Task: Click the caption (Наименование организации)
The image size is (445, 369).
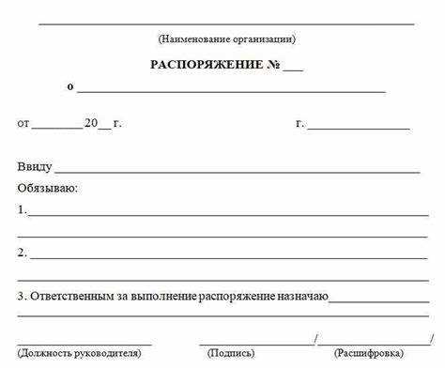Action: pyautogui.click(x=226, y=39)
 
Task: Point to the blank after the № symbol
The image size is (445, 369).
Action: pyautogui.click(x=292, y=69)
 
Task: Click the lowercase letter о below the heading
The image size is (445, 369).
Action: pyautogui.click(x=70, y=87)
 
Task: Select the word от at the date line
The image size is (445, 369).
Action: pyautogui.click(x=23, y=123)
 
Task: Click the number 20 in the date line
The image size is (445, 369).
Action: pyautogui.click(x=90, y=123)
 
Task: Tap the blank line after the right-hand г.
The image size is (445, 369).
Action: pyautogui.click(x=358, y=126)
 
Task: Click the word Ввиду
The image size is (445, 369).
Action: pyautogui.click(x=34, y=167)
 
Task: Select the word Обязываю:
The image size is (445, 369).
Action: pyautogui.click(x=47, y=188)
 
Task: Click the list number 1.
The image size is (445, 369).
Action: pyautogui.click(x=22, y=209)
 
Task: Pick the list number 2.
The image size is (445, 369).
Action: pyautogui.click(x=22, y=253)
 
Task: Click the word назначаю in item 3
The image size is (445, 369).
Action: pyautogui.click(x=301, y=296)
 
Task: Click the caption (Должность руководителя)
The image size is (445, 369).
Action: pyautogui.click(x=79, y=353)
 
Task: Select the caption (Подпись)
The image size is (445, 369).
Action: pyautogui.click(x=231, y=353)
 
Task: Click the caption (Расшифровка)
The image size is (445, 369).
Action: pyautogui.click(x=368, y=353)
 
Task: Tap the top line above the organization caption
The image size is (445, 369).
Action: pyautogui.click(x=226, y=23)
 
